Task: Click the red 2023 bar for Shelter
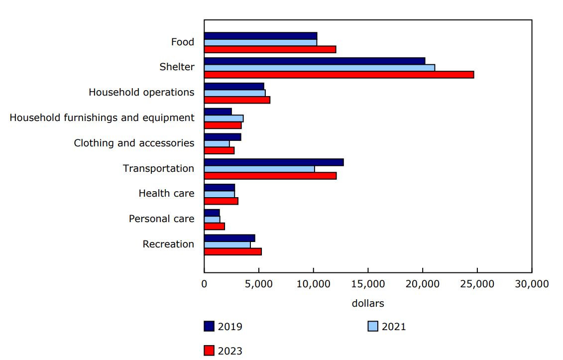338,75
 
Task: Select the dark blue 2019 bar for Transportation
274,162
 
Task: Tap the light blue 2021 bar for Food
260,42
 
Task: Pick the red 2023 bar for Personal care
214,227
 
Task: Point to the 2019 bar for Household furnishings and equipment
218,112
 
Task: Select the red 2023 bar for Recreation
232,252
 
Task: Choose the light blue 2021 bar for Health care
219,194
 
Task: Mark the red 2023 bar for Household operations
237,100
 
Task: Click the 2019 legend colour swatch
209,327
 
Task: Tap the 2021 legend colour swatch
373,327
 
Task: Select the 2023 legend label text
230,351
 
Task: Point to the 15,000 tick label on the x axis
368,284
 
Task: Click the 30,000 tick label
531,284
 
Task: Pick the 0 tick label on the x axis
204,284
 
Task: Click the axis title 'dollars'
368,303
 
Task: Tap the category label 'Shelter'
177,67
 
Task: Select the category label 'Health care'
166,194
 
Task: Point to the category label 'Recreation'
168,244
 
